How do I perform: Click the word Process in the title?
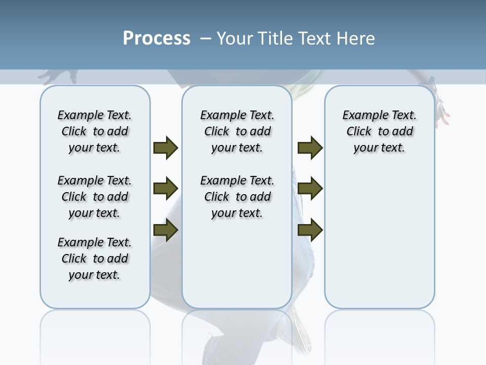tap(156, 38)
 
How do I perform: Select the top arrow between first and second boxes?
tap(166, 148)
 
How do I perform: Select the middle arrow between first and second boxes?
tap(166, 189)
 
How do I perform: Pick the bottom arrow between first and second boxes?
tap(166, 230)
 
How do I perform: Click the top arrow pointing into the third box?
tap(310, 148)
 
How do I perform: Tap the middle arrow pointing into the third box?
tap(310, 189)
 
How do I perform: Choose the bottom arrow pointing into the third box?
tap(310, 230)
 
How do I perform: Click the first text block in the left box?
tap(95, 131)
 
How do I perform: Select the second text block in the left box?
tap(95, 197)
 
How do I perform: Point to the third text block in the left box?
tap(95, 259)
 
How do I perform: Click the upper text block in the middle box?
tap(237, 131)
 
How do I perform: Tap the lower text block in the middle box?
tap(237, 197)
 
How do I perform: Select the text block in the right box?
tap(379, 131)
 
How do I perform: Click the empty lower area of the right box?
tap(379, 238)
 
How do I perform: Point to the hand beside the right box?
tap(443, 113)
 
